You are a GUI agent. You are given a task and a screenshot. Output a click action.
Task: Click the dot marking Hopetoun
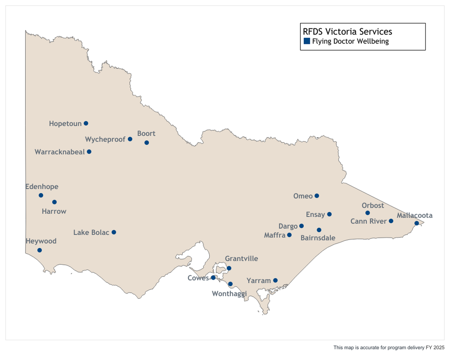coord(86,123)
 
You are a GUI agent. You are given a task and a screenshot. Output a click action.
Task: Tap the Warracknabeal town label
coord(60,152)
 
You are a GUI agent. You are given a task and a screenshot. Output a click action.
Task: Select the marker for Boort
coord(147,142)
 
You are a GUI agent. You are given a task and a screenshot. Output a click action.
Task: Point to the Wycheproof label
coord(105,139)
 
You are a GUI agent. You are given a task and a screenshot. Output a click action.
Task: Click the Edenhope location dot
coord(41,195)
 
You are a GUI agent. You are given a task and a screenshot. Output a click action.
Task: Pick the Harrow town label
coord(54,211)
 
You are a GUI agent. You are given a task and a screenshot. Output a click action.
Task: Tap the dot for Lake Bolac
coord(114,232)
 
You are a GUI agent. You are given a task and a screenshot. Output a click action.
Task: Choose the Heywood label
coord(41,241)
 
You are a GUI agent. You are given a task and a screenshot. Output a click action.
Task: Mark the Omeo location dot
coord(317,196)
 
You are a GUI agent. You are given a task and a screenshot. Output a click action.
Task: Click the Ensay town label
coord(315,214)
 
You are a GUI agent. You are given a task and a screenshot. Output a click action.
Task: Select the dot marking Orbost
coord(367,213)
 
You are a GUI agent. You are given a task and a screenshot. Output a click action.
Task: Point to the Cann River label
coord(368,221)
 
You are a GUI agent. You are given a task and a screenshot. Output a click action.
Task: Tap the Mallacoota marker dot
coord(417,223)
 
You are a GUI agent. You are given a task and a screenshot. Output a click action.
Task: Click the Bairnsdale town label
coord(318,238)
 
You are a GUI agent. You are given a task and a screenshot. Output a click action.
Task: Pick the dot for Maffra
coord(289,235)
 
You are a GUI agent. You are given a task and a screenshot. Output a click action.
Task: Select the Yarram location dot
coord(275,280)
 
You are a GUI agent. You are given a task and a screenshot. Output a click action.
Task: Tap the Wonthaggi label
coord(229,294)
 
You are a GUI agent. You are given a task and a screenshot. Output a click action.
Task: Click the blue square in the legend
coord(307,41)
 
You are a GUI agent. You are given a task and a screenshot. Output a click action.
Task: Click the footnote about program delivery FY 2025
coord(389,348)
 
